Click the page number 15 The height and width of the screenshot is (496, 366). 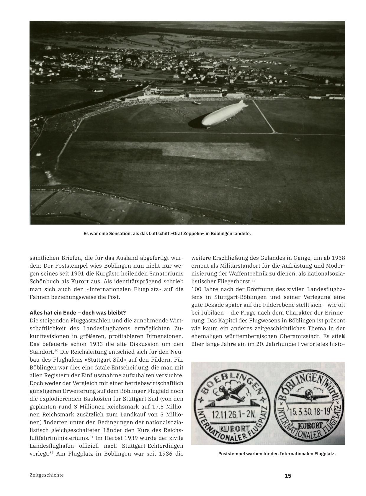click(x=288, y=476)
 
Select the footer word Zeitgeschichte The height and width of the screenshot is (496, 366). click(x=47, y=475)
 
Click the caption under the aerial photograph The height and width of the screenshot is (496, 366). click(x=167, y=234)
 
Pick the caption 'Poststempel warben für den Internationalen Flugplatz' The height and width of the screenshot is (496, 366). click(x=277, y=454)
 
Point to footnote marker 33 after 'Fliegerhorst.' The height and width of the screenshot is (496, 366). click(x=253, y=280)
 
